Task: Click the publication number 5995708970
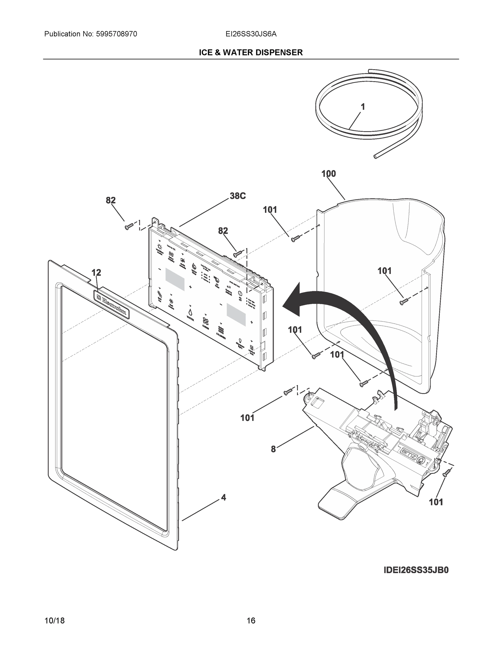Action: pyautogui.click(x=116, y=34)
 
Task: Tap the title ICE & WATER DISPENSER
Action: pyautogui.click(x=251, y=53)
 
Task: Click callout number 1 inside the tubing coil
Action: pyautogui.click(x=363, y=107)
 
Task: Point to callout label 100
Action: pyautogui.click(x=329, y=174)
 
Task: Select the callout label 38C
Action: pyautogui.click(x=238, y=196)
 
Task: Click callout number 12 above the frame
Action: pyautogui.click(x=96, y=273)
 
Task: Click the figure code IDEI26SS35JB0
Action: pyautogui.click(x=416, y=570)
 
